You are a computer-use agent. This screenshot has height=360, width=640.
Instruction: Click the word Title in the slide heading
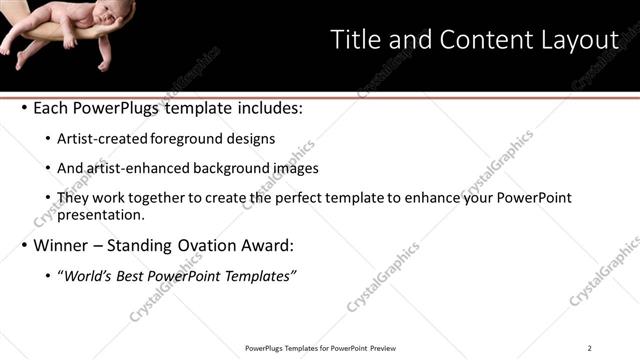[x=356, y=40]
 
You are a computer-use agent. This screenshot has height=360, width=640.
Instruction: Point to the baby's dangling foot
[x=103, y=62]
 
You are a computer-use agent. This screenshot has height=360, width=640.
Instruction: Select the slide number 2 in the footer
[x=589, y=348]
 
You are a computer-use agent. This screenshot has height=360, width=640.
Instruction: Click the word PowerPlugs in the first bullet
[x=121, y=108]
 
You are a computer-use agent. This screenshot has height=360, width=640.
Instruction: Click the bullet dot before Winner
[x=23, y=245]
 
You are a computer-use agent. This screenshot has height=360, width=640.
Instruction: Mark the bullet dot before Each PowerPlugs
[x=23, y=108]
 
